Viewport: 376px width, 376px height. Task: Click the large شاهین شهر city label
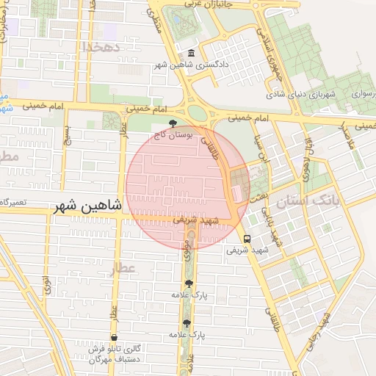click(87, 208)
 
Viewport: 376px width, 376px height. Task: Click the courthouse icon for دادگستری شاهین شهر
click(191, 54)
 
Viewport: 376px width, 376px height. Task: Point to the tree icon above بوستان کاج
click(173, 124)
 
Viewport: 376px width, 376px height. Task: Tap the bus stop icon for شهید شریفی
click(247, 238)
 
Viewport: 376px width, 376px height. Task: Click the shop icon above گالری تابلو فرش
click(114, 337)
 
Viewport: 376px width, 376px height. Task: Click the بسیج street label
click(68, 135)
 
